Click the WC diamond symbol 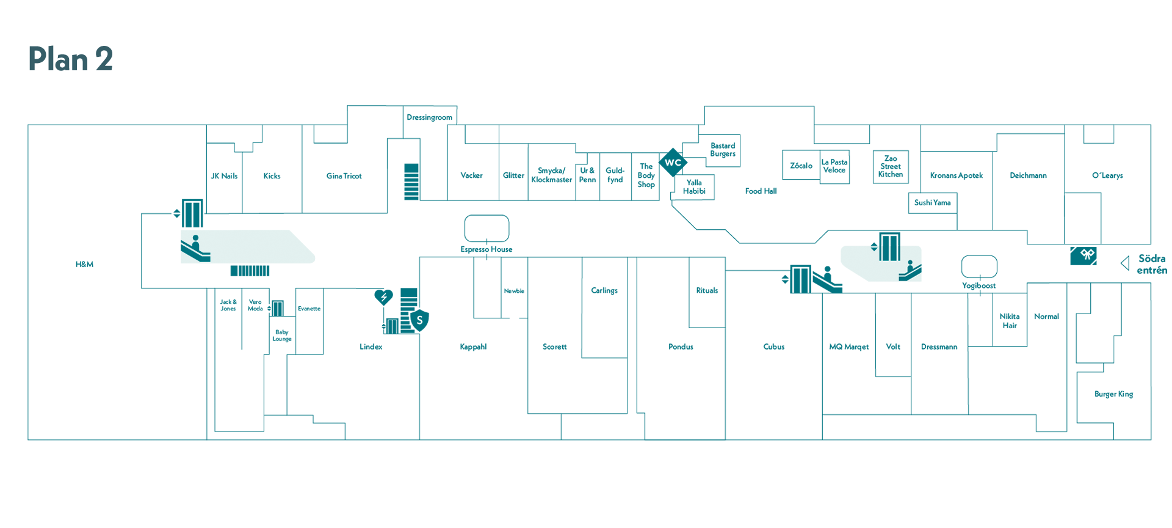point(673,163)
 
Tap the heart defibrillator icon point(383,297)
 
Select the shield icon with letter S point(419,320)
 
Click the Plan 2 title point(71,59)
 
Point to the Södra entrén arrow point(1124,263)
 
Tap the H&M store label point(84,264)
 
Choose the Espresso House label point(487,249)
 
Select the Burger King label point(1113,394)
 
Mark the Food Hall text point(761,191)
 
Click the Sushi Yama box point(933,203)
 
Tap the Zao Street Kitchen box point(891,167)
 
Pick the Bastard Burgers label point(723,150)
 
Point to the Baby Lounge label point(282,335)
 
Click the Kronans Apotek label point(957,175)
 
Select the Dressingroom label point(430,117)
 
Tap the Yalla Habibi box point(694,187)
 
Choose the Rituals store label point(707,290)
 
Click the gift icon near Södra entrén point(1083,255)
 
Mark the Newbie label point(514,291)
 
